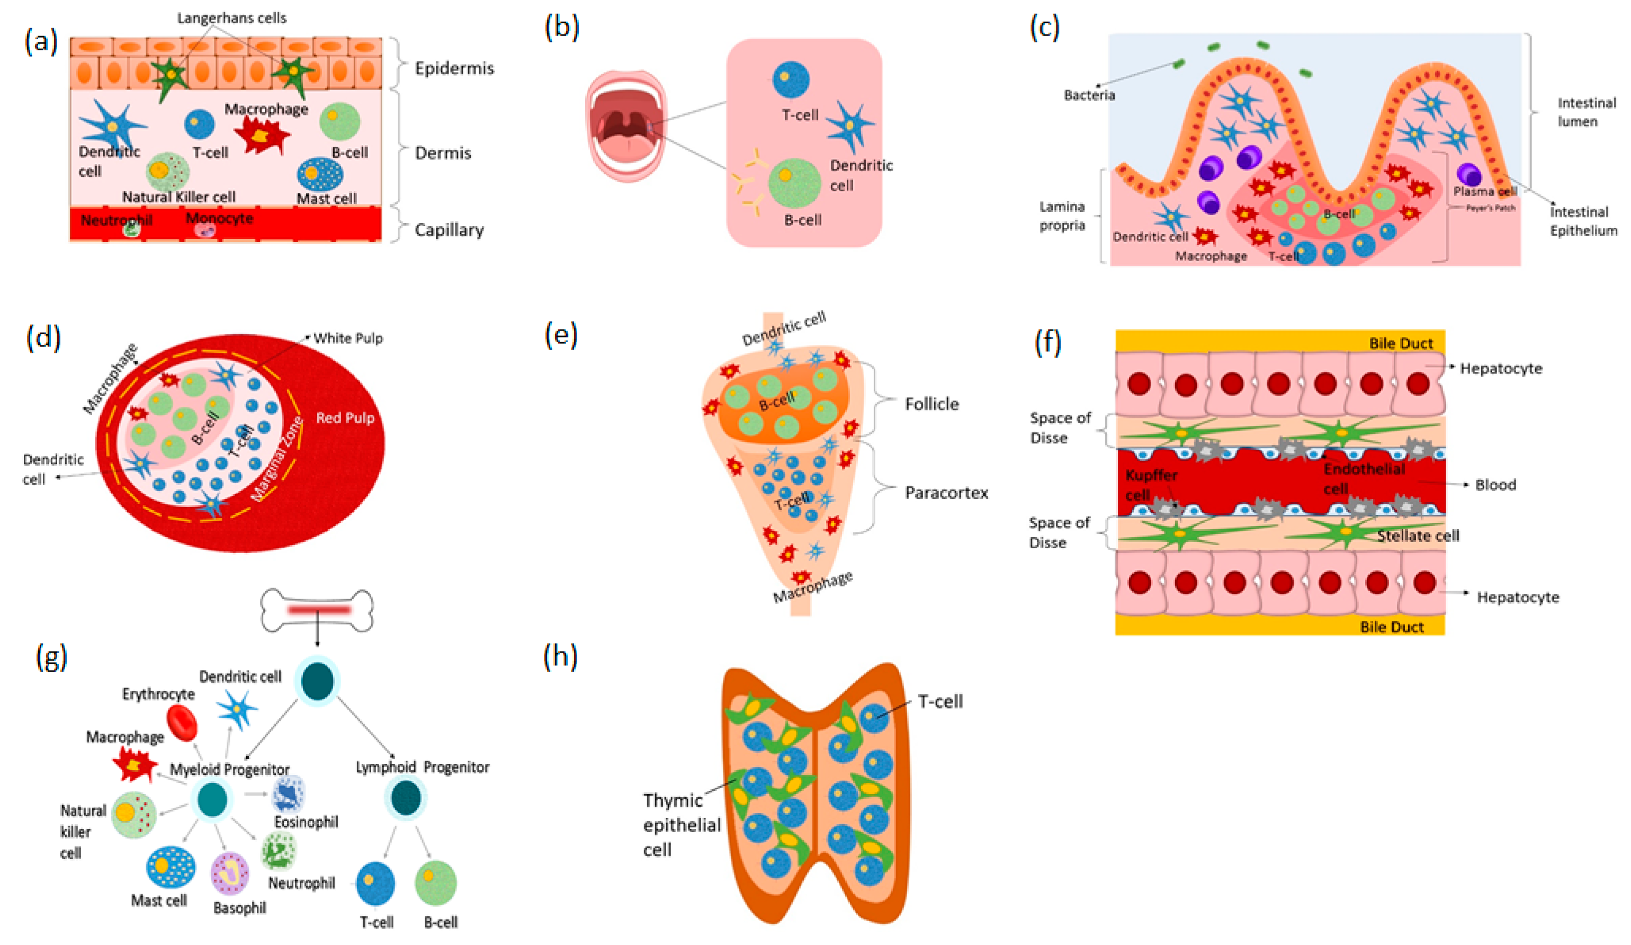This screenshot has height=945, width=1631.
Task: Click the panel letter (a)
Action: pos(41,41)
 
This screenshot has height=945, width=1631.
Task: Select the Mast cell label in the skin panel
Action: pos(326,198)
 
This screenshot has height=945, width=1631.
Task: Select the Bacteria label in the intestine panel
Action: pos(1089,95)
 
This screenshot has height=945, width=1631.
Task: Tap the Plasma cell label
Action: pos(1485,192)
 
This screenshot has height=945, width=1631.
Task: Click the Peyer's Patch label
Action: pos(1490,208)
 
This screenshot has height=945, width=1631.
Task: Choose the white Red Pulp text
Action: pos(345,417)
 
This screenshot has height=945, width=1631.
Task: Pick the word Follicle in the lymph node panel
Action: pos(931,404)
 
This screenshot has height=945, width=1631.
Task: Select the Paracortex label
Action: pos(946,493)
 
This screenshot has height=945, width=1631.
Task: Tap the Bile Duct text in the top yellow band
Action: pos(1401,343)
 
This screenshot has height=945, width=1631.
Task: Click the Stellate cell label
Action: pos(1418,536)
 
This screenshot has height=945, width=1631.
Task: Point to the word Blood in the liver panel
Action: pos(1495,485)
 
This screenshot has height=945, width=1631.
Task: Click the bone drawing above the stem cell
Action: pos(317,610)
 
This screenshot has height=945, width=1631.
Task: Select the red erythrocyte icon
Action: pos(182,723)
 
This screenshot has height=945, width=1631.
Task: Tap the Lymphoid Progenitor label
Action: pos(422,767)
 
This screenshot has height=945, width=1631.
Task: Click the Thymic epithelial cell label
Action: pos(681,825)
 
